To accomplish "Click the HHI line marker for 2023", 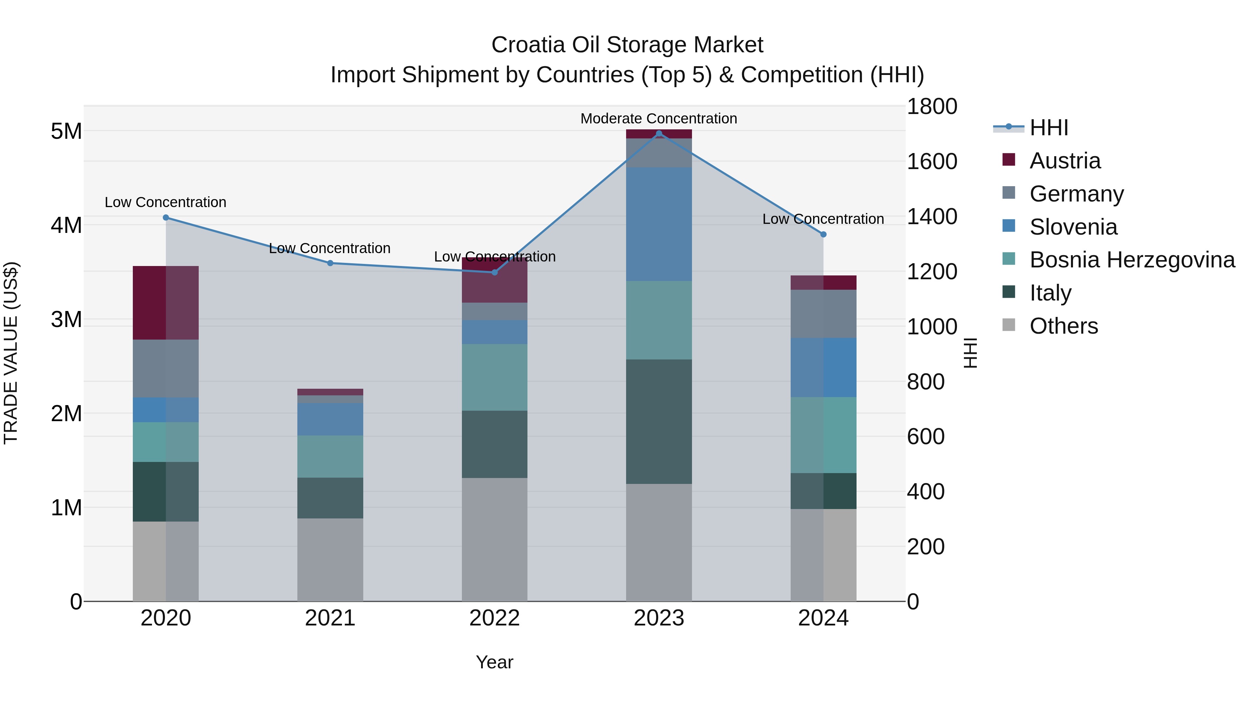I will pyautogui.click(x=659, y=134).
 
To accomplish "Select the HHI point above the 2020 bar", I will pyautogui.click(x=166, y=217).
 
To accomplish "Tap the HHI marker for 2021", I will pyautogui.click(x=330, y=263).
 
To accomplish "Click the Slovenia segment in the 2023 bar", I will pyautogui.click(x=659, y=224).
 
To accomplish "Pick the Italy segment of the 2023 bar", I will pyautogui.click(x=659, y=422).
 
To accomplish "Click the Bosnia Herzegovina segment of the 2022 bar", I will pyautogui.click(x=494, y=377).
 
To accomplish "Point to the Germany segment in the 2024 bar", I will pyautogui.click(x=823, y=314).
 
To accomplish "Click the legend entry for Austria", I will pyautogui.click(x=1065, y=161).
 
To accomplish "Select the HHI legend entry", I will pyautogui.click(x=1048, y=128).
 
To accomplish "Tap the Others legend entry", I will pyautogui.click(x=1064, y=326).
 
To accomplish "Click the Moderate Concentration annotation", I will pyautogui.click(x=659, y=119).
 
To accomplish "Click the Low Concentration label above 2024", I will pyautogui.click(x=823, y=219).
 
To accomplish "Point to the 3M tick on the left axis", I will pyautogui.click(x=66, y=320).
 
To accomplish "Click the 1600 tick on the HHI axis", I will pyautogui.click(x=931, y=161).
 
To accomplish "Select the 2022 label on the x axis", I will pyautogui.click(x=494, y=618).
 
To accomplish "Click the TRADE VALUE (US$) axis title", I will pyautogui.click(x=11, y=353).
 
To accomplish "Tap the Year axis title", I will pyautogui.click(x=494, y=662).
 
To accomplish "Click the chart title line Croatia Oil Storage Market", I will pyautogui.click(x=627, y=45).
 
